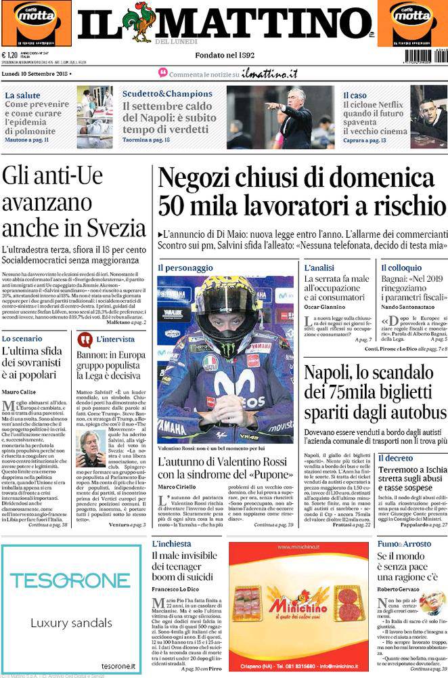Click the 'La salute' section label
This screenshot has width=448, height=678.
coord(22,95)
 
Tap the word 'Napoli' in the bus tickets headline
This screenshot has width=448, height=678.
coord(334,373)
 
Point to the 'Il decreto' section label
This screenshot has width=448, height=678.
coord(395,459)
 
